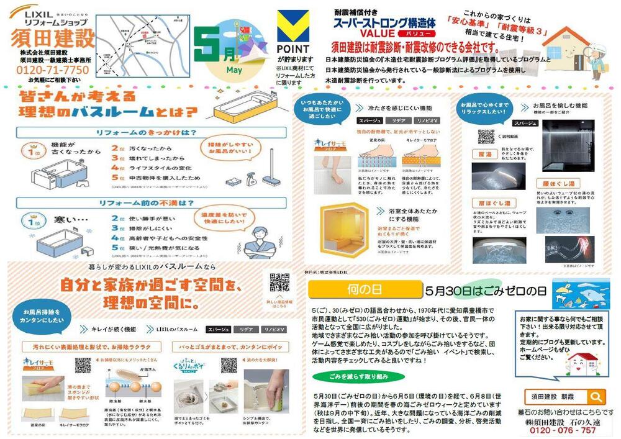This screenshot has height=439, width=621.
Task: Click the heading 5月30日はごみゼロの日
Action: (x=485, y=291)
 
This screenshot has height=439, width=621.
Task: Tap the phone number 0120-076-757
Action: (x=562, y=430)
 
